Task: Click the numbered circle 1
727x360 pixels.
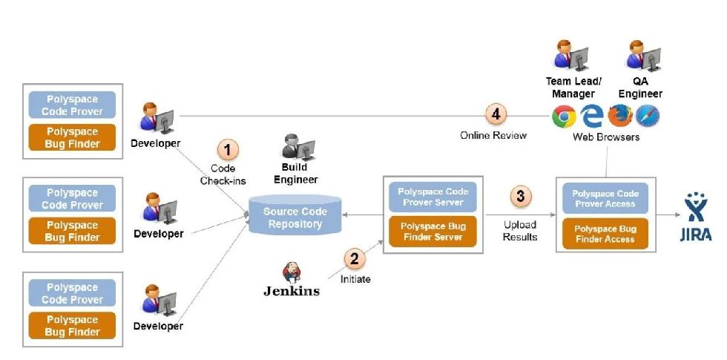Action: click(x=228, y=150)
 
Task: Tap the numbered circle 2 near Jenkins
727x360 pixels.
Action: click(x=354, y=259)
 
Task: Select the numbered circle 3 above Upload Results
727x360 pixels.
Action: click(x=520, y=197)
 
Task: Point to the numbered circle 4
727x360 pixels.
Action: click(x=496, y=114)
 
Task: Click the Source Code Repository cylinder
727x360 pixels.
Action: click(x=295, y=215)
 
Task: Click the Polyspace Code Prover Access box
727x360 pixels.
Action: click(x=605, y=199)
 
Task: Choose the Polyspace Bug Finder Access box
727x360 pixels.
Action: click(x=605, y=234)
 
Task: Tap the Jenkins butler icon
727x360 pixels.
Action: click(x=292, y=272)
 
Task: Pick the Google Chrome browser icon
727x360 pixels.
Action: click(x=564, y=117)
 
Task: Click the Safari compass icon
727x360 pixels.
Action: click(x=647, y=117)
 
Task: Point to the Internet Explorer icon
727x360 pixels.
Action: click(x=592, y=117)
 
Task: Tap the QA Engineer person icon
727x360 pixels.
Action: click(x=642, y=56)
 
